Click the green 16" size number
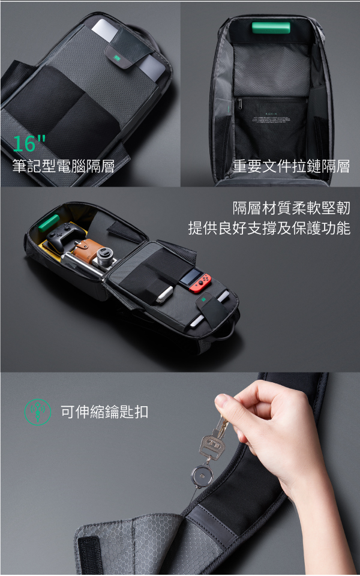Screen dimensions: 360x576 pyautogui.click(x=29, y=143)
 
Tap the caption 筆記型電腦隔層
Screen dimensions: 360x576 pyautogui.click(x=63, y=166)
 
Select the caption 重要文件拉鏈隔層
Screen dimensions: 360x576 pyautogui.click(x=291, y=166)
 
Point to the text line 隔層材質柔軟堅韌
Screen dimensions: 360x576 pyautogui.click(x=291, y=208)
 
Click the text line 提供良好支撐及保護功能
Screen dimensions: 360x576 pyautogui.click(x=269, y=228)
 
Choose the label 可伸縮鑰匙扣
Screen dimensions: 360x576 pyautogui.click(x=104, y=412)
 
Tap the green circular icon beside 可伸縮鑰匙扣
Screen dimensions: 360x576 pyautogui.click(x=37, y=412)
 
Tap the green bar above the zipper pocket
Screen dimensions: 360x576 pyautogui.click(x=271, y=28)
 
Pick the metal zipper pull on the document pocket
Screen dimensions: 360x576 pyautogui.click(x=240, y=103)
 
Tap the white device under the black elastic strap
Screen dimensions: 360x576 pyautogui.click(x=164, y=294)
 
